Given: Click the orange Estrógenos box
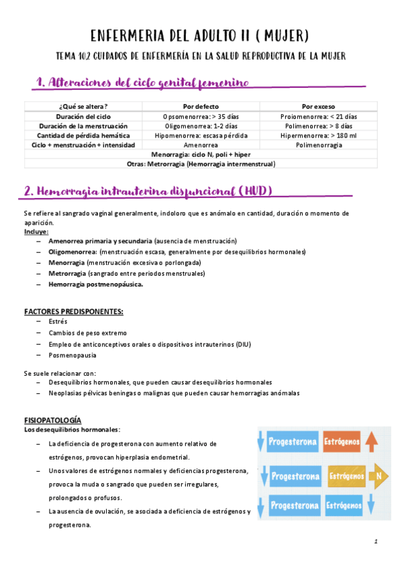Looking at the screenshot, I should click(341, 442).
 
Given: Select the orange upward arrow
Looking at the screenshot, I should click(374, 442).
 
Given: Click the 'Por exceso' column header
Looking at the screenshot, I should click(319, 107).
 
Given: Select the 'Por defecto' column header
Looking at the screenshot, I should click(201, 107).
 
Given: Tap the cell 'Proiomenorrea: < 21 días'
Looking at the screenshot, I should click(319, 117).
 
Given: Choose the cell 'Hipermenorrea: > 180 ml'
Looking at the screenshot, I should click(319, 136).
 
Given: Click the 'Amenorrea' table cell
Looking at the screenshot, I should click(201, 145).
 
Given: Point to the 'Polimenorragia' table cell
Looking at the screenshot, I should click(319, 145).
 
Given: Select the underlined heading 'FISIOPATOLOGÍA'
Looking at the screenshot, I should click(52, 419).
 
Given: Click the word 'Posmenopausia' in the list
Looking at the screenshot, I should click(72, 355).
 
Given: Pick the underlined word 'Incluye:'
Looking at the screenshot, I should click(36, 231).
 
